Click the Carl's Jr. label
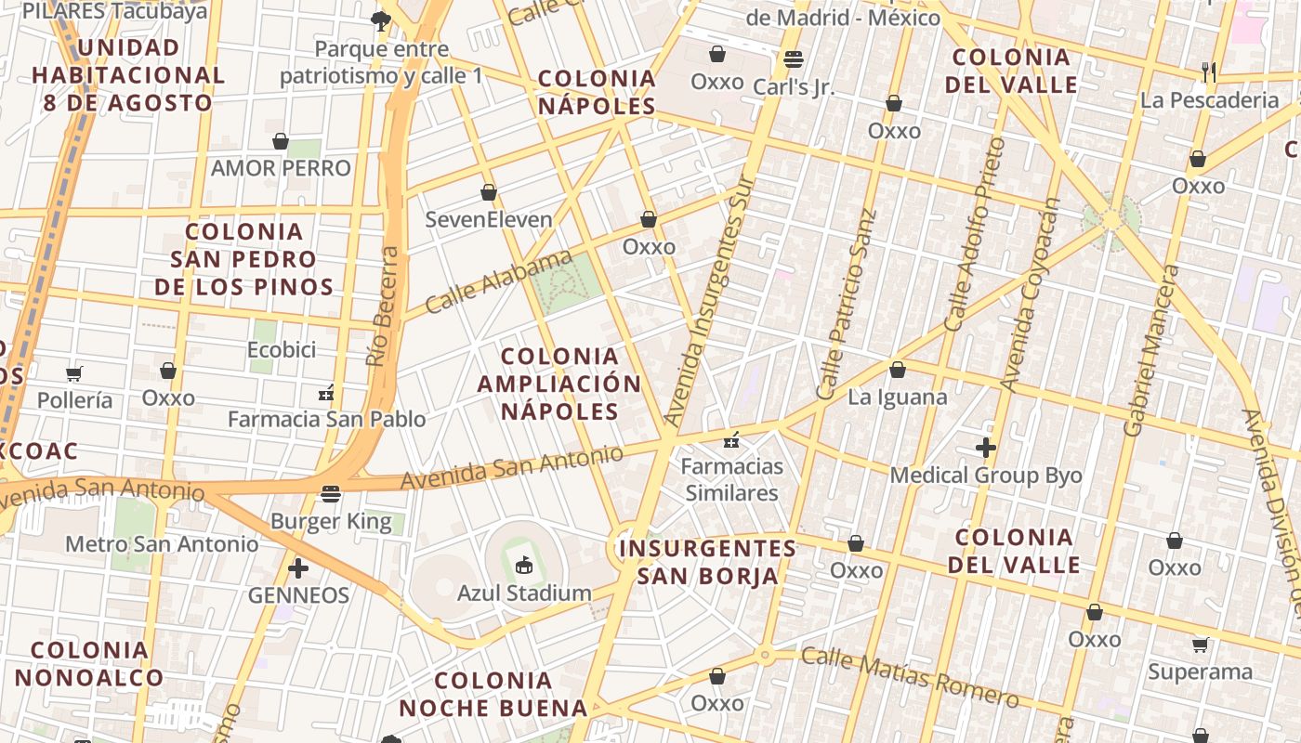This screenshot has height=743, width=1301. [794, 87]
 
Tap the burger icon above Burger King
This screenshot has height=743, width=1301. [331, 493]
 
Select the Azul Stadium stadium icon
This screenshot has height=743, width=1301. [524, 565]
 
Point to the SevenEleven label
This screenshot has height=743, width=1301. [489, 220]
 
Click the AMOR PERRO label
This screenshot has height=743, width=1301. [281, 168]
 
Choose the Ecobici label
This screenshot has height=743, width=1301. [282, 350]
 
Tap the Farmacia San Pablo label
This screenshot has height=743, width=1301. [327, 420]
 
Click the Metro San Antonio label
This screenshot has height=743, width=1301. [162, 543]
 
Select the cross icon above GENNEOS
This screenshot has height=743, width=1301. [298, 567]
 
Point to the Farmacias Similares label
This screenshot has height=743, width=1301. [732, 479]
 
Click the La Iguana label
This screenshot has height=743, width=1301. [898, 398]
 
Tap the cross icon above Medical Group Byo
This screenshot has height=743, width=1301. [986, 449]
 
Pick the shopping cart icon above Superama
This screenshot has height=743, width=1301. [1200, 645]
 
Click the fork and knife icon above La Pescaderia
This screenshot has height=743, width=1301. [1209, 72]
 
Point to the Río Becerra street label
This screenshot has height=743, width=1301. [383, 306]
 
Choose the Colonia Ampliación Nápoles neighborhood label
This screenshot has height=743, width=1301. [559, 384]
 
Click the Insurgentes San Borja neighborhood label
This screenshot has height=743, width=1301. [707, 562]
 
